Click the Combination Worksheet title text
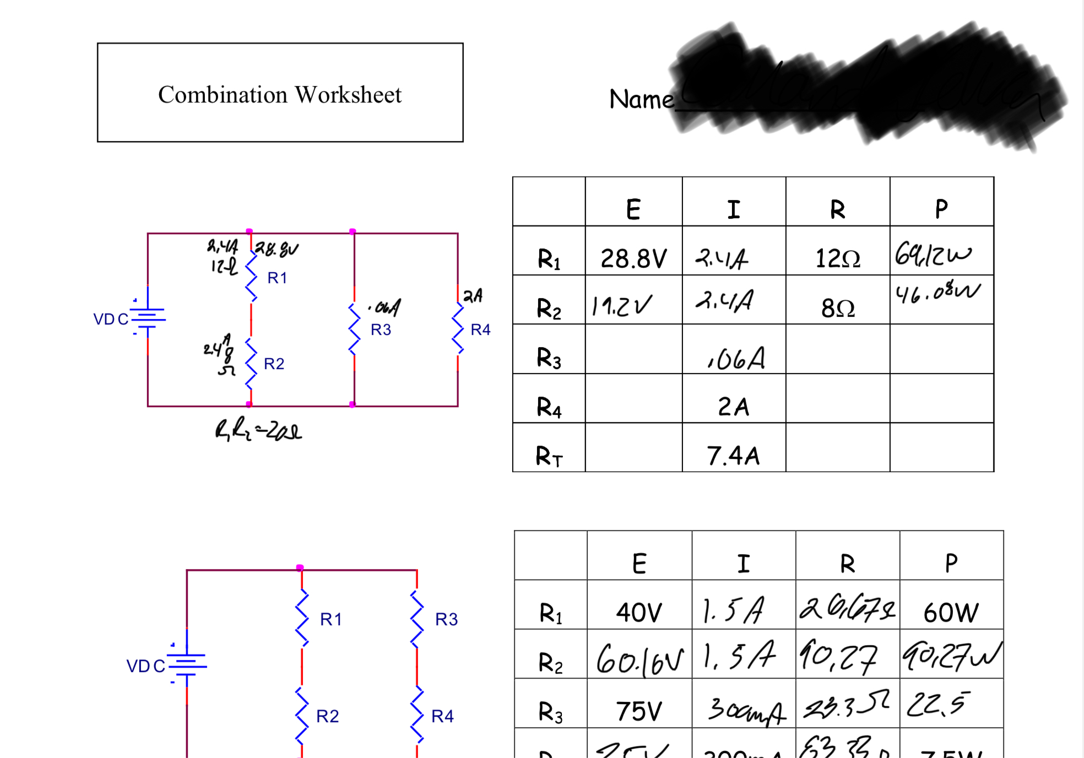(280, 95)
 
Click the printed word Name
(641, 100)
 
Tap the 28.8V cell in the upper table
(633, 258)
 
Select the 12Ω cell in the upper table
(837, 258)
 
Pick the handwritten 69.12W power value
(933, 255)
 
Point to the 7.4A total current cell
(733, 456)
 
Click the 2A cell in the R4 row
(733, 407)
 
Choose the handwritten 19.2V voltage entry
(622, 306)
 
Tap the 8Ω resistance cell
(838, 308)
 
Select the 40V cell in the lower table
(639, 612)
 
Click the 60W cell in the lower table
(951, 612)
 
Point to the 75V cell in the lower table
(639, 711)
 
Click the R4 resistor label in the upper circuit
(480, 329)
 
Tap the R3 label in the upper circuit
(381, 329)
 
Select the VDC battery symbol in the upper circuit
(148, 317)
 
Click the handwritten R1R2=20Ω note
(258, 430)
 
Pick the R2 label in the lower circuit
(327, 716)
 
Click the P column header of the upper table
(941, 209)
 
